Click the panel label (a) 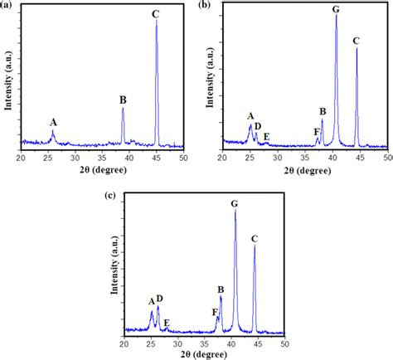point(8,6)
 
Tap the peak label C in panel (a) point(156,13)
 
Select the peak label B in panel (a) point(123,100)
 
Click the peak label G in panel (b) point(336,9)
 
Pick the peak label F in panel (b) point(317,131)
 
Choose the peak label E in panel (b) point(266,135)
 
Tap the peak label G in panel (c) point(235,203)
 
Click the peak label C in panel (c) point(255,239)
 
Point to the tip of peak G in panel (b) point(336,16)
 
